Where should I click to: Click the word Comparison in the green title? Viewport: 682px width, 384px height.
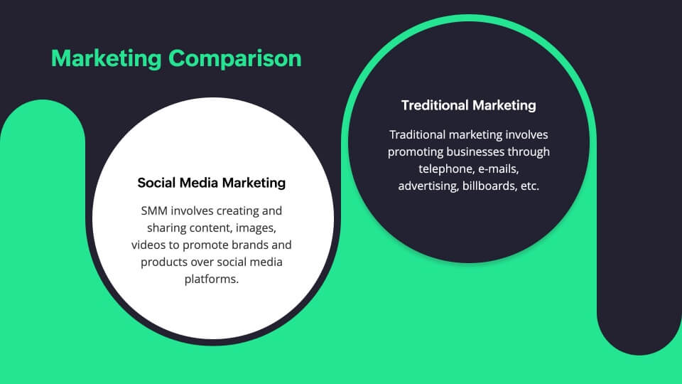235,59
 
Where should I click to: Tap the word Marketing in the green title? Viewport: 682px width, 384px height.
106,59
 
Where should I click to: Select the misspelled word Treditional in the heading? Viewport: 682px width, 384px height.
435,105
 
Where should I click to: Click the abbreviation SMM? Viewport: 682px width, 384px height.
154,210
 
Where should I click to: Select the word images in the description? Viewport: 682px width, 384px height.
256,228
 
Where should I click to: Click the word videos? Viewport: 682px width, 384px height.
148,245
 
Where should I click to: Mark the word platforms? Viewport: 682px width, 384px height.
212,279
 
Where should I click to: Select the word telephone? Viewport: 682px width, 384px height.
447,169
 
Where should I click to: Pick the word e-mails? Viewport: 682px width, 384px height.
499,169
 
